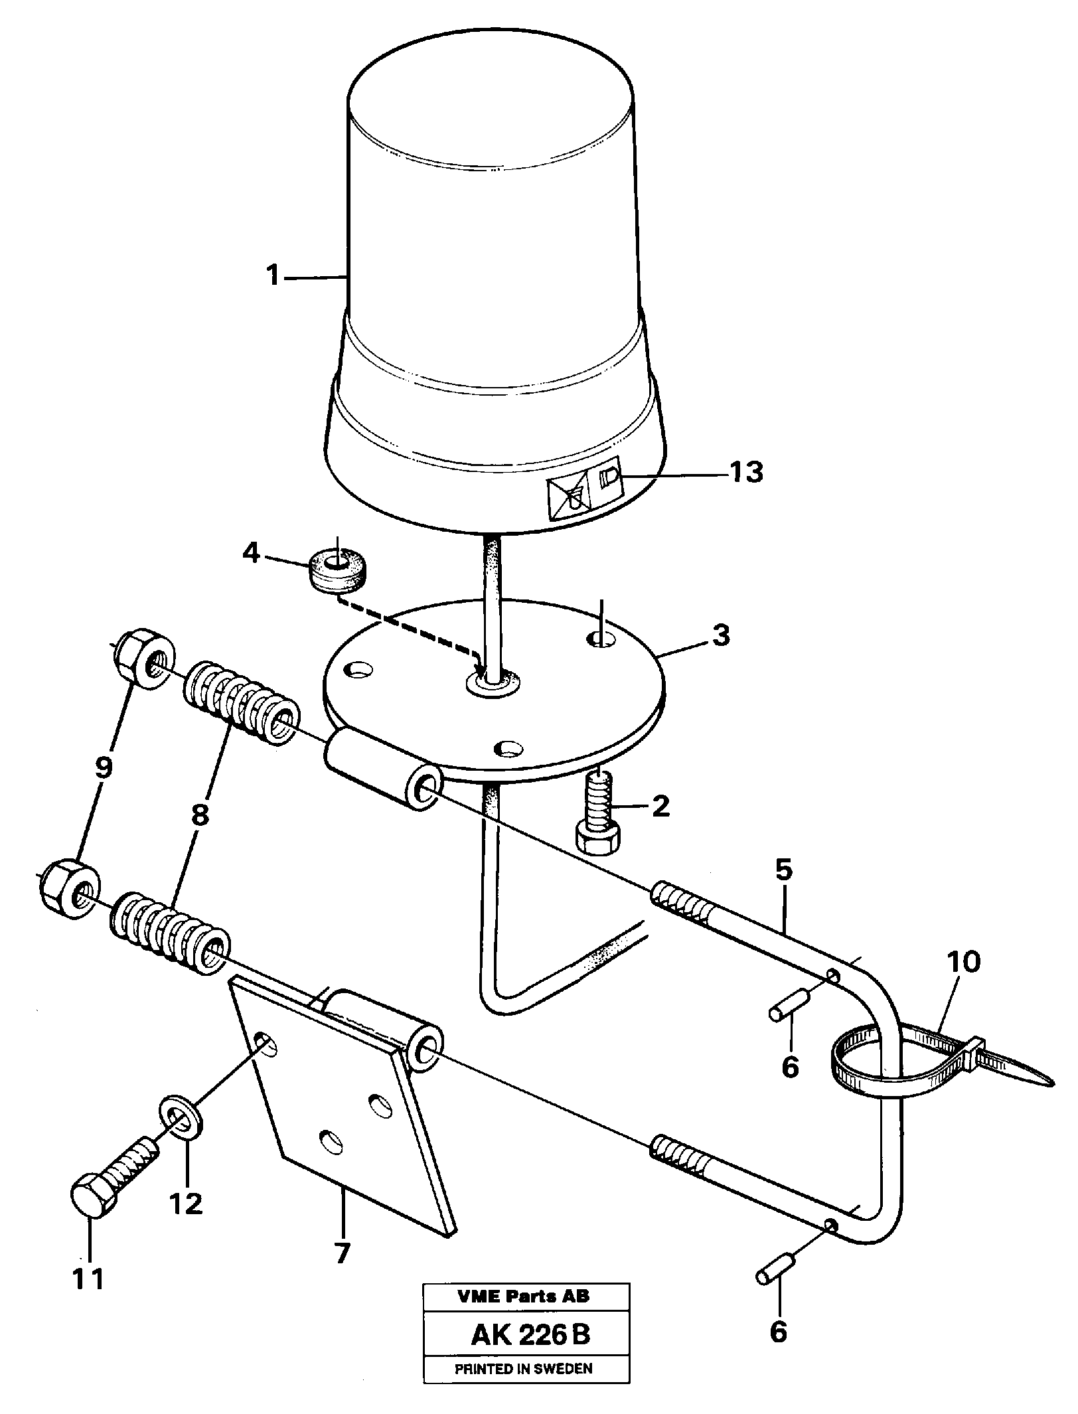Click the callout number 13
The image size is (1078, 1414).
pyautogui.click(x=746, y=473)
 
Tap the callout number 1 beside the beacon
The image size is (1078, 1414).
pyautogui.click(x=273, y=276)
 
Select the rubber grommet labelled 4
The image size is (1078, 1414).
pyautogui.click(x=339, y=571)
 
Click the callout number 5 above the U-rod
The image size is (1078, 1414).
pyautogui.click(x=784, y=870)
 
